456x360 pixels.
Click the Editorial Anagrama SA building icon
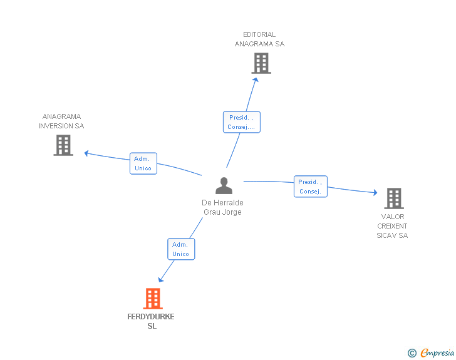tap(261, 63)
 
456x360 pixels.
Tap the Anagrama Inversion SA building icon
tap(63, 145)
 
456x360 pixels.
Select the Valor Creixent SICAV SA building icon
tap(393, 198)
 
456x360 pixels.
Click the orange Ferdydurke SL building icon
tap(153, 299)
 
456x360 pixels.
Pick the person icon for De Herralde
tap(224, 186)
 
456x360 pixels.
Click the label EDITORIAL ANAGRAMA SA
tap(259, 39)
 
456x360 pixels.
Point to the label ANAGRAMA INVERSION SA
tap(61, 121)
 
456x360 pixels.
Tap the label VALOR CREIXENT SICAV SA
tap(392, 226)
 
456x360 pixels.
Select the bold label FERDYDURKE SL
tap(151, 321)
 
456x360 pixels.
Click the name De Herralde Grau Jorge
tap(222, 207)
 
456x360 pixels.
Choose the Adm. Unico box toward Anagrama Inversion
tap(143, 163)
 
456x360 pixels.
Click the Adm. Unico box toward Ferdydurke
tap(181, 249)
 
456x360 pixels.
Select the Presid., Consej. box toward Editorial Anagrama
tap(241, 122)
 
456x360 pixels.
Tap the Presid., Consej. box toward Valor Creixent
tap(311, 187)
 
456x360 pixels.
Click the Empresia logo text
tap(437, 353)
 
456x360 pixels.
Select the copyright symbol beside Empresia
tap(412, 353)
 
